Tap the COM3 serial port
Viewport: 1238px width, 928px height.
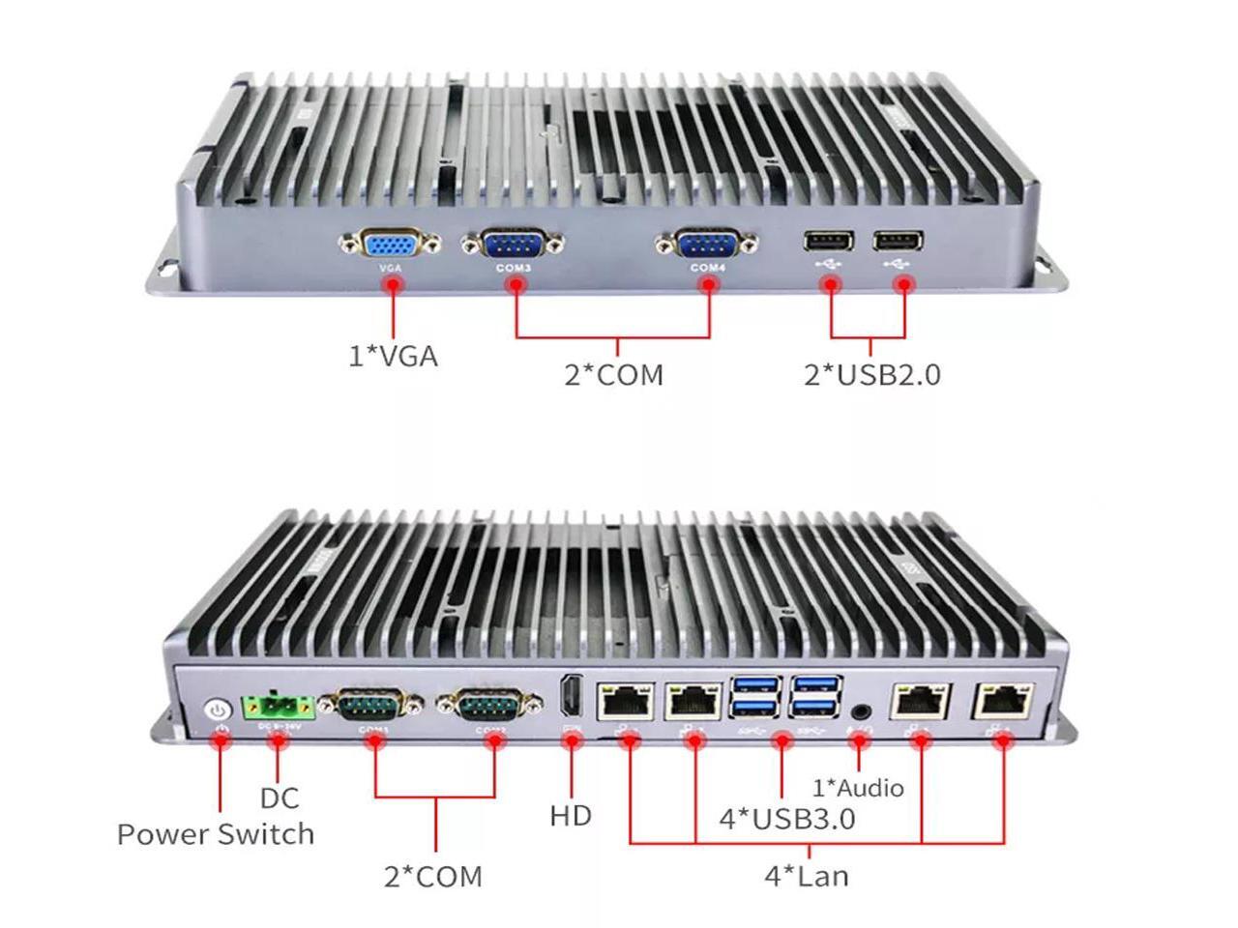(x=513, y=246)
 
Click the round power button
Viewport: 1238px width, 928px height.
(x=219, y=711)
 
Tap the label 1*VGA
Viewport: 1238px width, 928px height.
(x=393, y=357)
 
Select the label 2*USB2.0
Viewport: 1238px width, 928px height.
(x=871, y=374)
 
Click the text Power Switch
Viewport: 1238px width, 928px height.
(x=216, y=834)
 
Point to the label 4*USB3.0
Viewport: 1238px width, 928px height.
(x=786, y=820)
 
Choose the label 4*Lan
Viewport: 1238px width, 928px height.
(x=807, y=877)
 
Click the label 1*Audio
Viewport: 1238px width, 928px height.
(x=857, y=788)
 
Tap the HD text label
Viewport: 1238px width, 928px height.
(x=571, y=816)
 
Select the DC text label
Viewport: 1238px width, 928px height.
(x=279, y=798)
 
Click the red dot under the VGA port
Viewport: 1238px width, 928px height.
(x=393, y=284)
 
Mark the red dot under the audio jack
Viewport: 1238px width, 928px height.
(x=858, y=742)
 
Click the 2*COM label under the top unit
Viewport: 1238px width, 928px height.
(x=614, y=374)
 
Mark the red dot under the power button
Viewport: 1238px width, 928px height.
(x=221, y=740)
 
